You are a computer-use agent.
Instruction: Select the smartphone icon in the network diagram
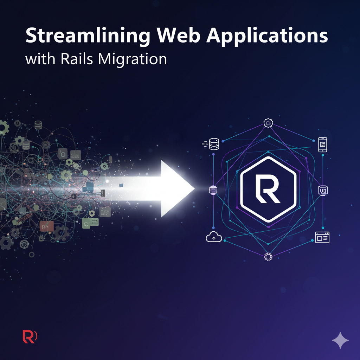pyautogui.click(x=322, y=144)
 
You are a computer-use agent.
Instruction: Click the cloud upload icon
pyautogui.click(x=214, y=238)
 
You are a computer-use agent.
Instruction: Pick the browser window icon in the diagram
pyautogui.click(x=322, y=238)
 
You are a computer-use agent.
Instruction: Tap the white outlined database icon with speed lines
pyautogui.click(x=213, y=144)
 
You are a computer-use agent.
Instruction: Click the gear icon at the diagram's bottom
pyautogui.click(x=268, y=257)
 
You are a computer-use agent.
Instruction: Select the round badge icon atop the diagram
pyautogui.click(x=268, y=123)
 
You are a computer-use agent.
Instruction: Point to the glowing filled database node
pyautogui.click(x=213, y=190)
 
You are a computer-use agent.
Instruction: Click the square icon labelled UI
pyautogui.click(x=322, y=190)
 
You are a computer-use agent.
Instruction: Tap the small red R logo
pyautogui.click(x=30, y=336)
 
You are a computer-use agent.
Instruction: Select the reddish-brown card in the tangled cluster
pyautogui.click(x=46, y=226)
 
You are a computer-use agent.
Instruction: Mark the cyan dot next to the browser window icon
pyautogui.click(x=312, y=240)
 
